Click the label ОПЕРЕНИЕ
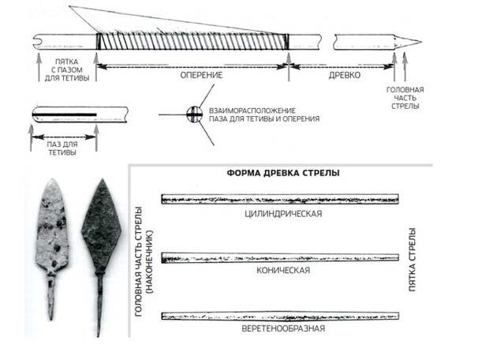201,75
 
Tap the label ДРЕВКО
345,75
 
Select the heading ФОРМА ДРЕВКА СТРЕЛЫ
283,173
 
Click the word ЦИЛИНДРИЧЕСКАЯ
283,214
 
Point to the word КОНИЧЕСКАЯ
283,270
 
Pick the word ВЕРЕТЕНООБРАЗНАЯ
283,328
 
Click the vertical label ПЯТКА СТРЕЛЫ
412,260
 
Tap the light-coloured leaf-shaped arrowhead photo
52,248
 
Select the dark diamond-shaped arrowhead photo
101,256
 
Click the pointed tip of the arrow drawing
422,42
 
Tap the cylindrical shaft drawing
280,199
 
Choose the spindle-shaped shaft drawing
280,316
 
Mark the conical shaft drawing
280,258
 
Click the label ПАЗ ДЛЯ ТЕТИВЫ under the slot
62,148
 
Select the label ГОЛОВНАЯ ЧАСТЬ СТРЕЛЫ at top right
405,98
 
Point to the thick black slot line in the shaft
65,114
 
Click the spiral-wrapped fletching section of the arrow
192,41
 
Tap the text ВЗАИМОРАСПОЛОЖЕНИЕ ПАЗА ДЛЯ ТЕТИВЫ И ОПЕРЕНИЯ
264,114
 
